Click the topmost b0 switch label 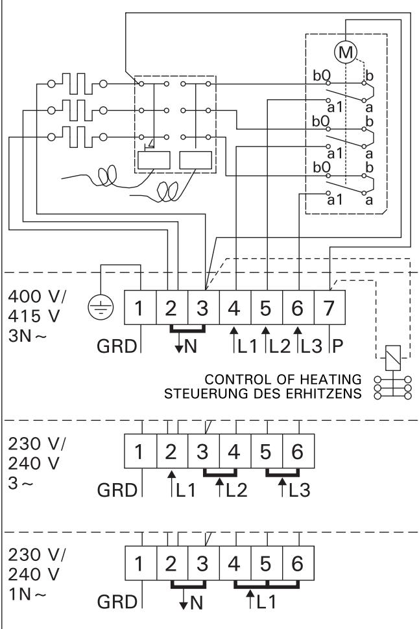tap(321, 74)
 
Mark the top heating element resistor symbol tap(75, 84)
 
